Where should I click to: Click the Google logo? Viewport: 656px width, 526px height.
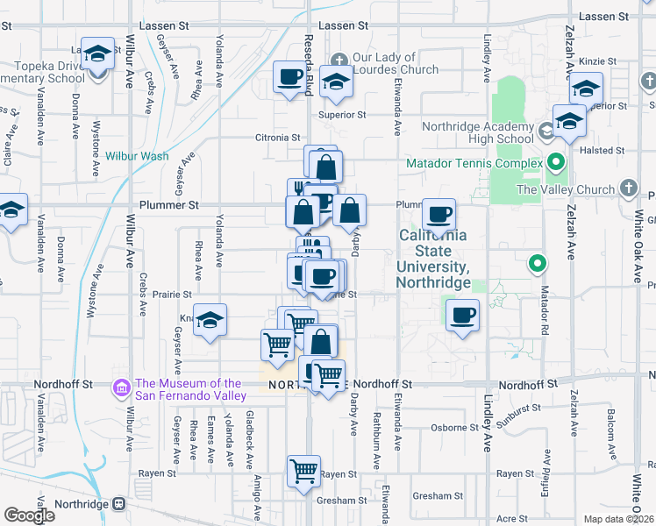[x=29, y=515]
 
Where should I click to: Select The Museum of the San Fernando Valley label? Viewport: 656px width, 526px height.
[x=189, y=389]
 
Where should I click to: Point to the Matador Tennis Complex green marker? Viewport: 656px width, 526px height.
[x=555, y=162]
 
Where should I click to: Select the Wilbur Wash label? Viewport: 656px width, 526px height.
[x=137, y=156]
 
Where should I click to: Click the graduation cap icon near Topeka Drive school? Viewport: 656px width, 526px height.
[x=98, y=53]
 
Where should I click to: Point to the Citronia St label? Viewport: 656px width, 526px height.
[x=277, y=138]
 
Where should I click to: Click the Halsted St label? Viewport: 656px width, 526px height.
[x=608, y=151]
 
